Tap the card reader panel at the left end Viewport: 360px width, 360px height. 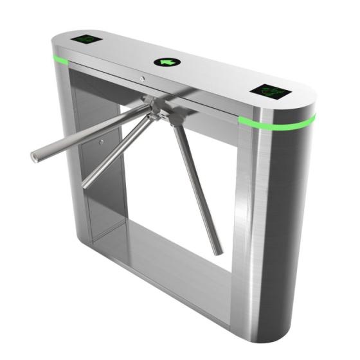coord(87,39)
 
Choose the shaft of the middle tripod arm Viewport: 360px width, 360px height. coord(116,150)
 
